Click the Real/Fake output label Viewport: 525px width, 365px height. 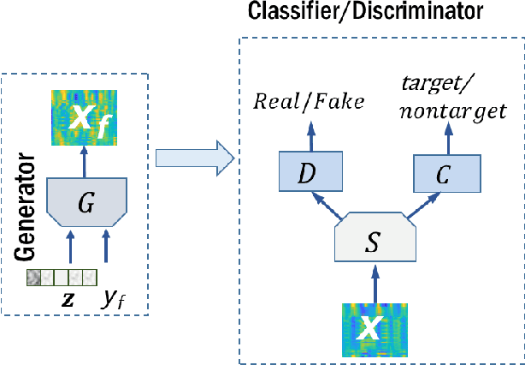click(x=309, y=102)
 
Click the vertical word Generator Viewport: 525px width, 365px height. click(x=27, y=209)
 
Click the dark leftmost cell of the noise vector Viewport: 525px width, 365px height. click(x=33, y=278)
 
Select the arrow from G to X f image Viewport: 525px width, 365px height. click(x=83, y=160)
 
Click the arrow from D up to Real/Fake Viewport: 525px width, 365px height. click(x=310, y=132)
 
